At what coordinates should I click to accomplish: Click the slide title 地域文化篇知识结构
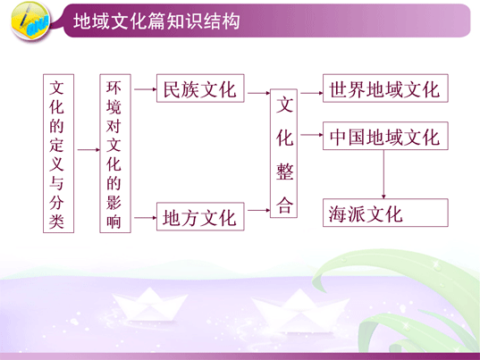(x=156, y=21)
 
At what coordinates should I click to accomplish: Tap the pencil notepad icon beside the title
(x=30, y=21)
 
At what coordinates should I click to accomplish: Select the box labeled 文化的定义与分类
(x=58, y=154)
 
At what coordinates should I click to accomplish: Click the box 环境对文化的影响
(x=115, y=154)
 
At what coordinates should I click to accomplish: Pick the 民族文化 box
(x=200, y=88)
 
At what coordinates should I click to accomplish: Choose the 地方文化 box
(x=200, y=216)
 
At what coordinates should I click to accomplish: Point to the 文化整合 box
(x=283, y=154)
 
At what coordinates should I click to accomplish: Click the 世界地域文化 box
(x=385, y=88)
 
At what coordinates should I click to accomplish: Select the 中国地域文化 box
(x=385, y=136)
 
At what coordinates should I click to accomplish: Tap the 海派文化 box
(x=385, y=213)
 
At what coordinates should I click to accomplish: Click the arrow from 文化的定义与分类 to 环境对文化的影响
(x=88, y=149)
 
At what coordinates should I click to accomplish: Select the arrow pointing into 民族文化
(x=146, y=89)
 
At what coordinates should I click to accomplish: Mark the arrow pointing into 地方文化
(x=146, y=218)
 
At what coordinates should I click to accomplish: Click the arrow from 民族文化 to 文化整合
(x=259, y=93)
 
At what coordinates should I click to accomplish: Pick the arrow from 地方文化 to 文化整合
(x=259, y=210)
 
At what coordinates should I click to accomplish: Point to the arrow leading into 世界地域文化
(x=312, y=93)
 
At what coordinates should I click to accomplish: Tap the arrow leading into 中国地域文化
(x=312, y=135)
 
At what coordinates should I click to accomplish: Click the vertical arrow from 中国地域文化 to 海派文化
(x=383, y=174)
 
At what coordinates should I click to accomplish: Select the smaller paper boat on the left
(x=149, y=305)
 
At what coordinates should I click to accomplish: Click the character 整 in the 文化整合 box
(x=285, y=172)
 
